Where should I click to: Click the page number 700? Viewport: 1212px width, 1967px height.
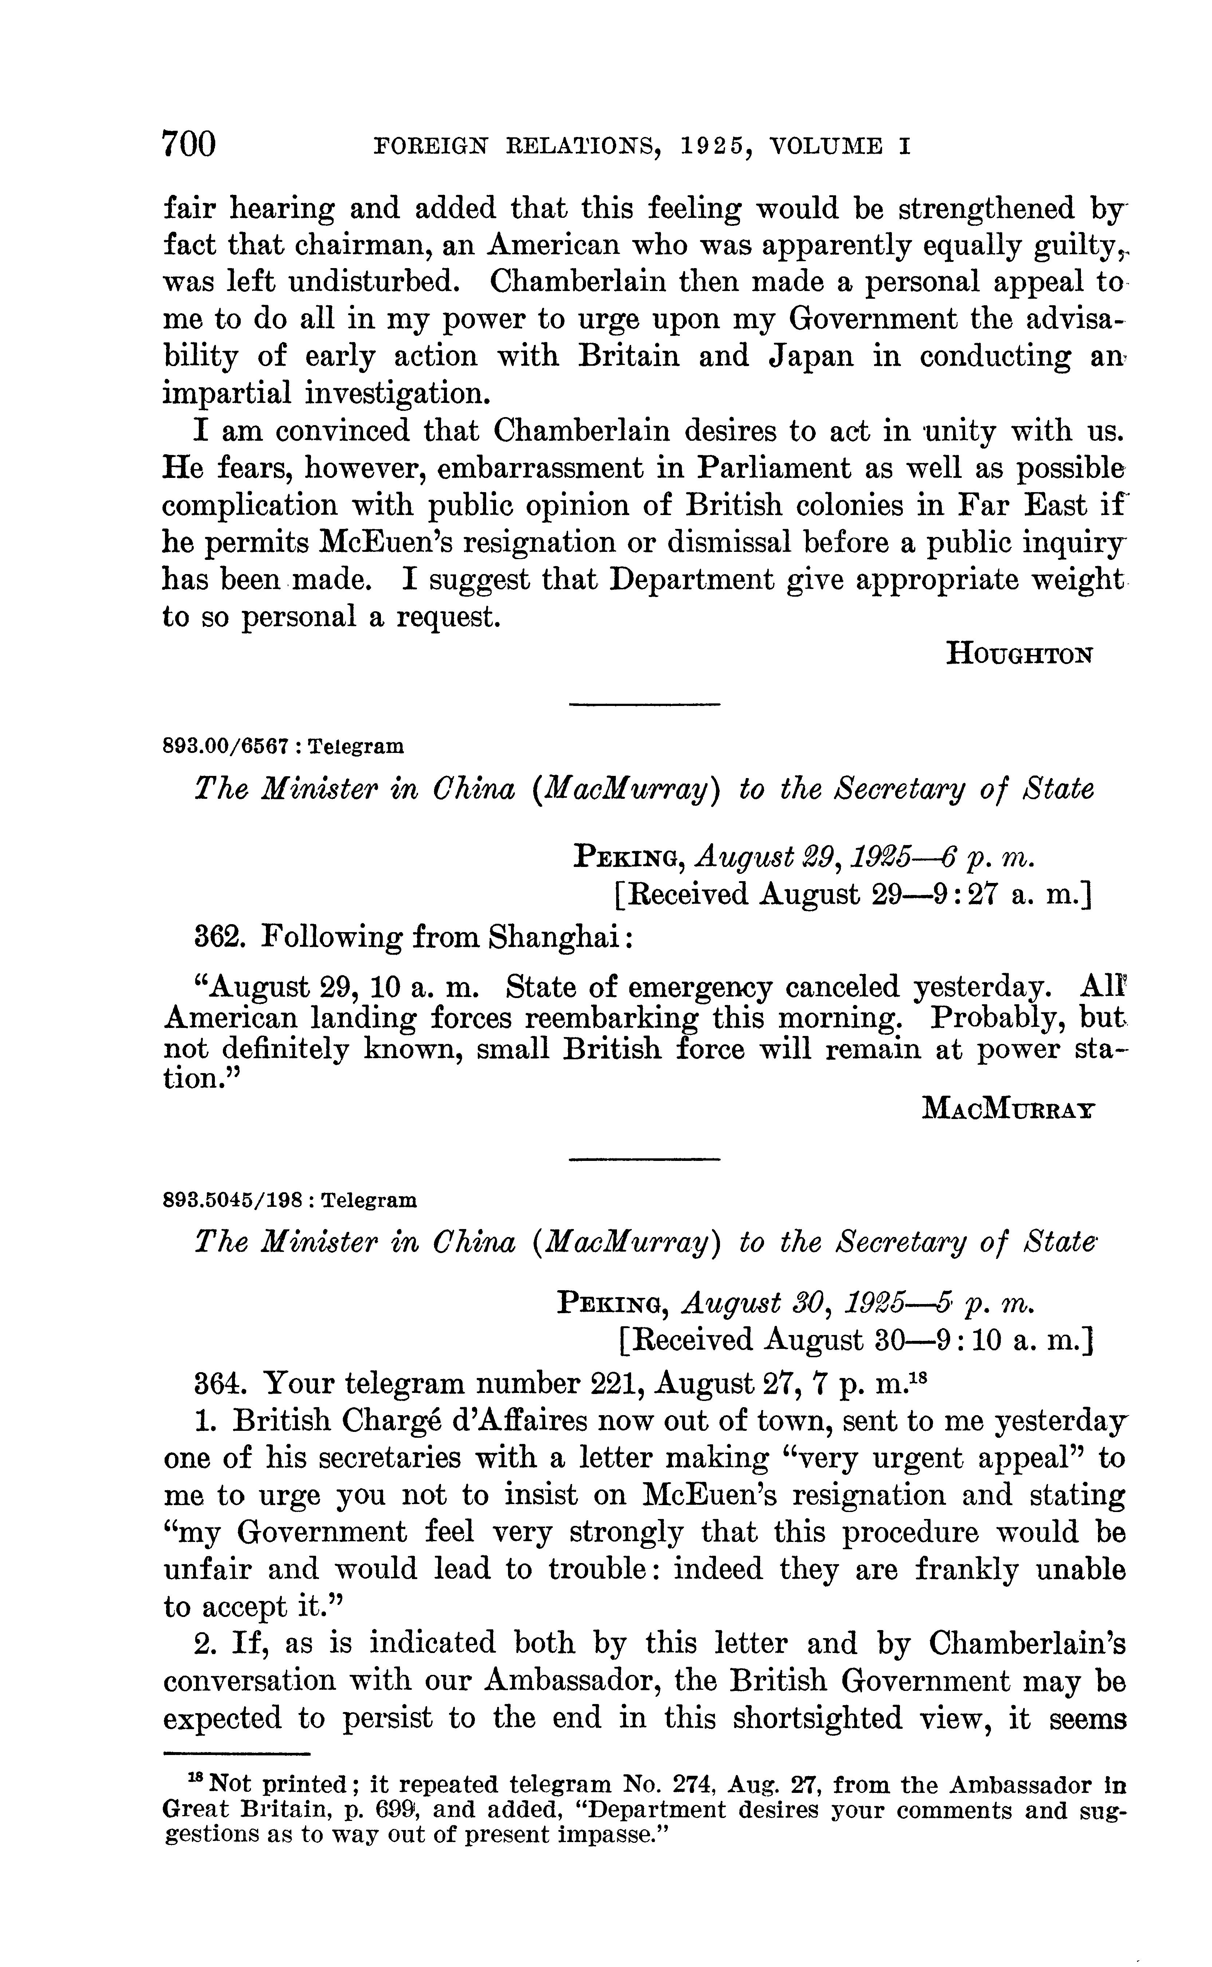click(189, 144)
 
